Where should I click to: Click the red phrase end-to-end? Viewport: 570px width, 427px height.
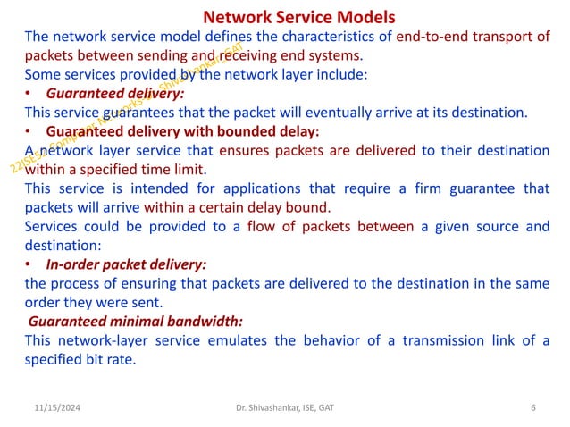click(x=452, y=36)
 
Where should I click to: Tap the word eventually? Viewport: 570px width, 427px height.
click(x=356, y=112)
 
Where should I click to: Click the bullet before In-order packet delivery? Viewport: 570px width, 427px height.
click(x=29, y=264)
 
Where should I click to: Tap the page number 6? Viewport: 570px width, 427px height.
click(x=532, y=408)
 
